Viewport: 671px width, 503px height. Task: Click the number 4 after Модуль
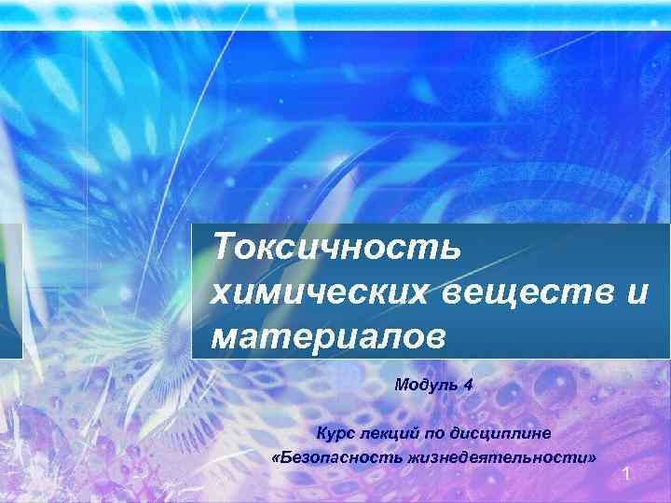coord(469,384)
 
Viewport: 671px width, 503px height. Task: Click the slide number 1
coord(627,476)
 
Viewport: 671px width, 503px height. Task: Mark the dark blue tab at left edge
coord(10,291)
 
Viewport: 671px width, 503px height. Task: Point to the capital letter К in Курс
coord(321,433)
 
